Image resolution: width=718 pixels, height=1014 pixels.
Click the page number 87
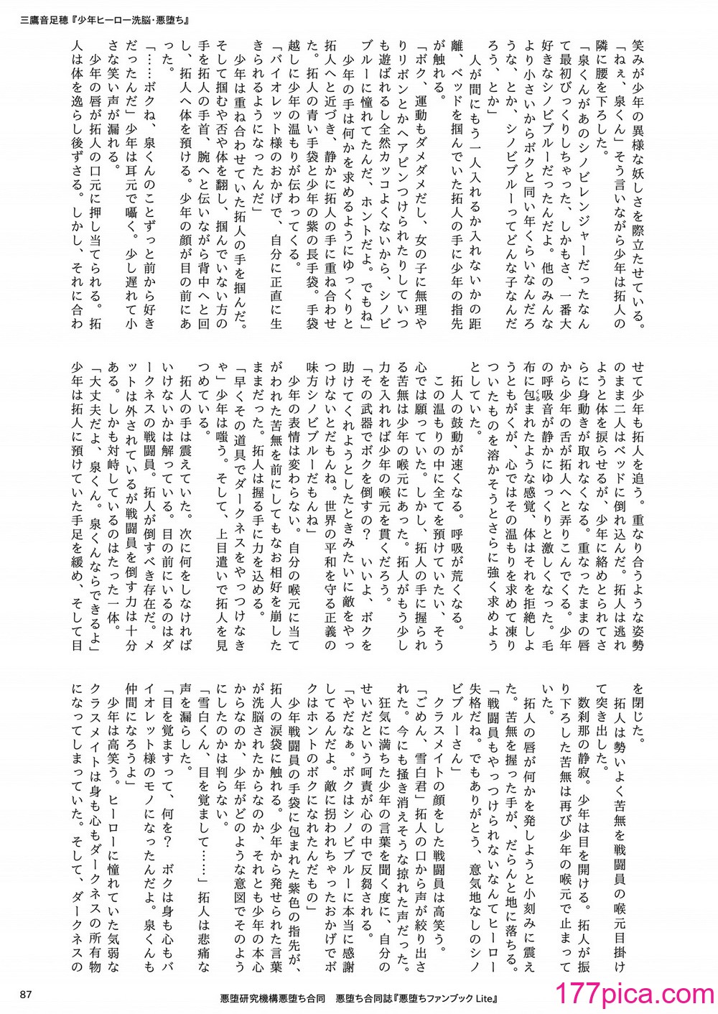click(27, 995)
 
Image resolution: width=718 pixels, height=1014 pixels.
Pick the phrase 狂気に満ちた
click(406, 719)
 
